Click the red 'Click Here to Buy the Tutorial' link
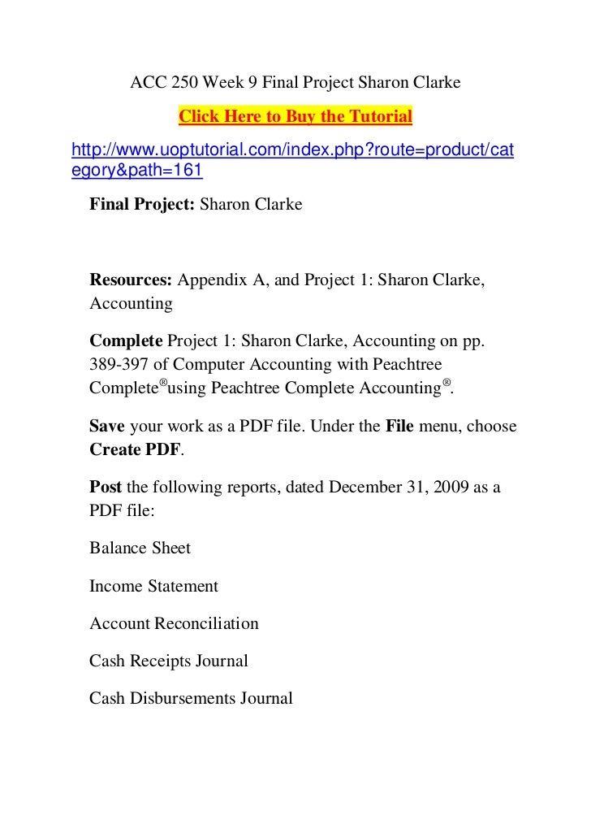(295, 117)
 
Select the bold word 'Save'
(107, 427)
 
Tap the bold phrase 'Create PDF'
(135, 449)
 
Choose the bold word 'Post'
(106, 488)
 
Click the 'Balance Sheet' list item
(140, 549)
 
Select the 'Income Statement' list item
(153, 586)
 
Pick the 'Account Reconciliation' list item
(174, 624)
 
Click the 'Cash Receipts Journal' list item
(168, 661)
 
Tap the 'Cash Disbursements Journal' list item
(191, 699)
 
